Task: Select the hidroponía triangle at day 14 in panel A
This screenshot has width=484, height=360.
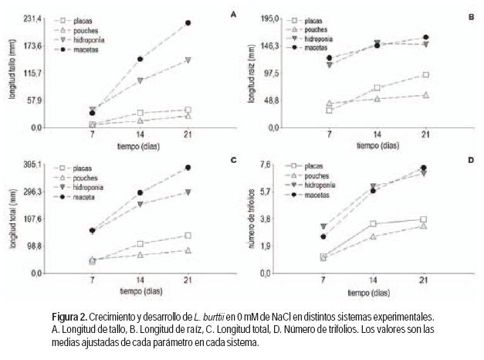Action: tap(140, 80)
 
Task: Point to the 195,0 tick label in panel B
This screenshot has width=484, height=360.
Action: tap(268, 17)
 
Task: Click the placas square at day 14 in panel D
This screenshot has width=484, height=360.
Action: tap(373, 224)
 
